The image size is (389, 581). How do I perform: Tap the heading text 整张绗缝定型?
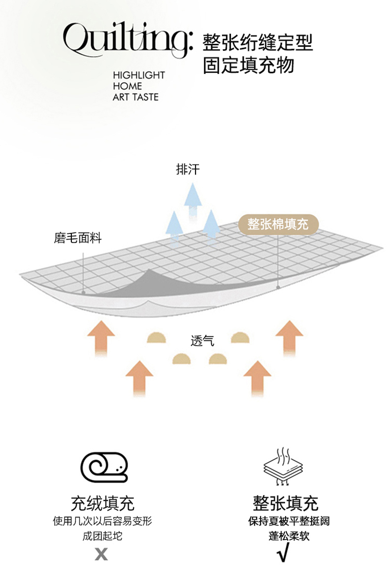(258, 43)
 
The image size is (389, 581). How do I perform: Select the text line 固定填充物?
(248, 65)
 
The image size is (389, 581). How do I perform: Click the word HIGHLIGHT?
(138, 75)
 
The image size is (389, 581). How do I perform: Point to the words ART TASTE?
(135, 97)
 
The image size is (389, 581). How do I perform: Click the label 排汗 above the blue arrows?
(188, 170)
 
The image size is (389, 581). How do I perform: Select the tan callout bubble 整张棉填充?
(278, 224)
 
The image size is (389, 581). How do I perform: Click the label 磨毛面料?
(77, 238)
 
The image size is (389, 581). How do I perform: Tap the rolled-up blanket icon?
(104, 467)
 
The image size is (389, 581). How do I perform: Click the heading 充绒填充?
(102, 503)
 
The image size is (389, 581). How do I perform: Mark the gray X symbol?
(101, 554)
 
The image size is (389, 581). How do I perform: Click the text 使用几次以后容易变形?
(102, 521)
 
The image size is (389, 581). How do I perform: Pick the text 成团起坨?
(102, 536)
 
